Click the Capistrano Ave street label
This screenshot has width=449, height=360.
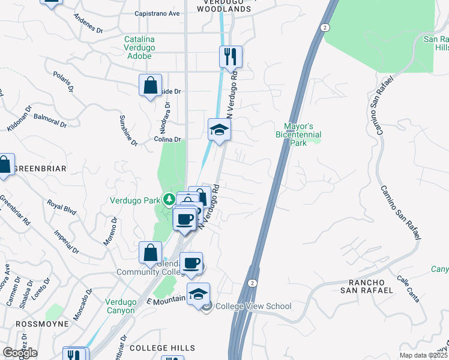(x=157, y=13)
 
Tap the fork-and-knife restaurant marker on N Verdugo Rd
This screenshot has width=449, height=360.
(x=231, y=58)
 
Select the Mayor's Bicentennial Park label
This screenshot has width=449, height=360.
(x=298, y=135)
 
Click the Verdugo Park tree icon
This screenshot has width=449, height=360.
(x=170, y=200)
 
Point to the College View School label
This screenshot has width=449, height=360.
(x=253, y=307)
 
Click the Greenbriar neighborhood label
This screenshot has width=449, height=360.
(x=40, y=169)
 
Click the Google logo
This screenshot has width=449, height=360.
(x=20, y=353)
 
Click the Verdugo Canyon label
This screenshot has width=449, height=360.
(x=121, y=306)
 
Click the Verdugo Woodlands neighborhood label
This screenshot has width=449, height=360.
(x=223, y=6)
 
